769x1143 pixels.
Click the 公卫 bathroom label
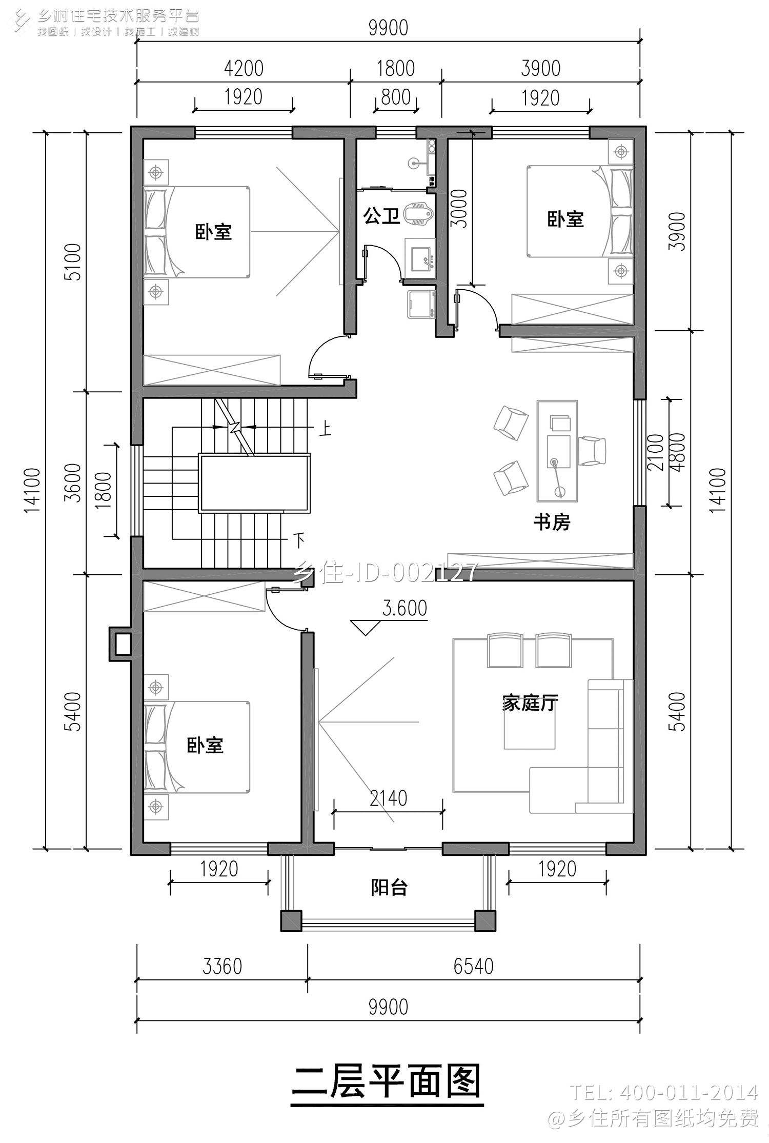tap(381, 216)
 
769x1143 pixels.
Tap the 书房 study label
tap(552, 522)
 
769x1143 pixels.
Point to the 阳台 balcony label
tap(389, 887)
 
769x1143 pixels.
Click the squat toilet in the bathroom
tap(418, 215)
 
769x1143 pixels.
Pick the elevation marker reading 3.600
tap(404, 609)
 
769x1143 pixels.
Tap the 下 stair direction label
tap(299, 540)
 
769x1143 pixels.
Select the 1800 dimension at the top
tap(395, 68)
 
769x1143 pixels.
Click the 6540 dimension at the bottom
tap(473, 967)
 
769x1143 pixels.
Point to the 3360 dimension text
tap(222, 967)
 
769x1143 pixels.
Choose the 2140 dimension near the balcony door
tap(388, 798)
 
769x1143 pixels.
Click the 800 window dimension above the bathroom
tap(396, 97)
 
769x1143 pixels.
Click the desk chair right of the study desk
tap(593, 451)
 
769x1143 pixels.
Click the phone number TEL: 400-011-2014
tap(663, 1092)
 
